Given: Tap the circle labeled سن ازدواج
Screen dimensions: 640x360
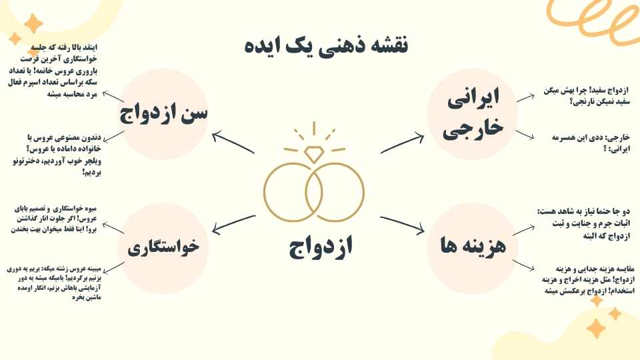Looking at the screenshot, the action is (x=163, y=114).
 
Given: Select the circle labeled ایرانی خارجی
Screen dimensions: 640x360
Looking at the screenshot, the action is (x=472, y=114).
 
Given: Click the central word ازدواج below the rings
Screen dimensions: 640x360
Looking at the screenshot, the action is (x=321, y=247).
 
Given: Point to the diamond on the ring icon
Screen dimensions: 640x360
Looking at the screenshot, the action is (x=314, y=154).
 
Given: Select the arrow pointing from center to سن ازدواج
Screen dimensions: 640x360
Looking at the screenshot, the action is (x=233, y=142).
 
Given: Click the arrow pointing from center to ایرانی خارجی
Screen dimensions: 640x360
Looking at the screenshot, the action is (x=403, y=143).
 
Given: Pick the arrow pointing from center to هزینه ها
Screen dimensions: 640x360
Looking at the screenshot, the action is (x=403, y=225).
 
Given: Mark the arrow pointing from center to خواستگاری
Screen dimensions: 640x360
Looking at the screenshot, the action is (x=234, y=225).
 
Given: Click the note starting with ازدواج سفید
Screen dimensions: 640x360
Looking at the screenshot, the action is (x=587, y=96).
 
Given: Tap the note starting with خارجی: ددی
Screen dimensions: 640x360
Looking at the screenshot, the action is (x=591, y=143).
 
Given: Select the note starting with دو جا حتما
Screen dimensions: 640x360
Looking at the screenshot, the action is (x=584, y=224).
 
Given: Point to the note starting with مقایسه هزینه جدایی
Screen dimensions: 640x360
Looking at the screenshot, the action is (x=588, y=280).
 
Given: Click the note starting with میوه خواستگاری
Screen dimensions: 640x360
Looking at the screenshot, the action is (x=54, y=219).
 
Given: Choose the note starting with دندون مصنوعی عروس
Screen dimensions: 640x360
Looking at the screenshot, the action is (x=57, y=155).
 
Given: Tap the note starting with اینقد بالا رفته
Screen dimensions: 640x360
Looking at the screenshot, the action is (x=53, y=71).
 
